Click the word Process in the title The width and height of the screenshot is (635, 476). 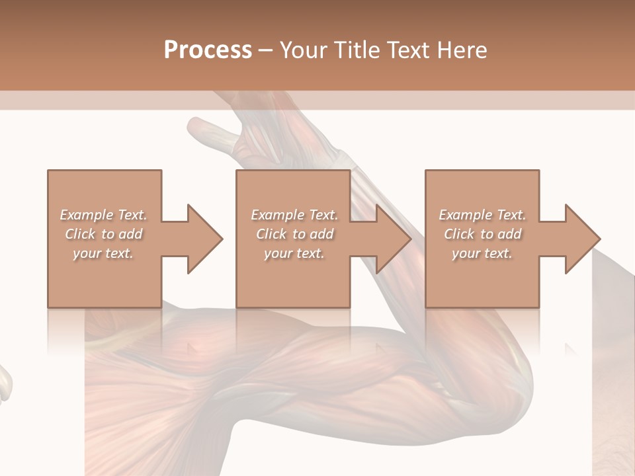[208, 50]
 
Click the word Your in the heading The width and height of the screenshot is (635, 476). [304, 50]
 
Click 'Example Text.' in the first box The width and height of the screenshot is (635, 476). [103, 215]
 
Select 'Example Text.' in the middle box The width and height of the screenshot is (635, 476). [294, 215]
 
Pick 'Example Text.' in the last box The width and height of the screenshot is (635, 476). [482, 215]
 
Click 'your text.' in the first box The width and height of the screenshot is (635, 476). [103, 253]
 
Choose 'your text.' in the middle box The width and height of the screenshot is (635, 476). [294, 253]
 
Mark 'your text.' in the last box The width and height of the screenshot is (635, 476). [482, 253]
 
